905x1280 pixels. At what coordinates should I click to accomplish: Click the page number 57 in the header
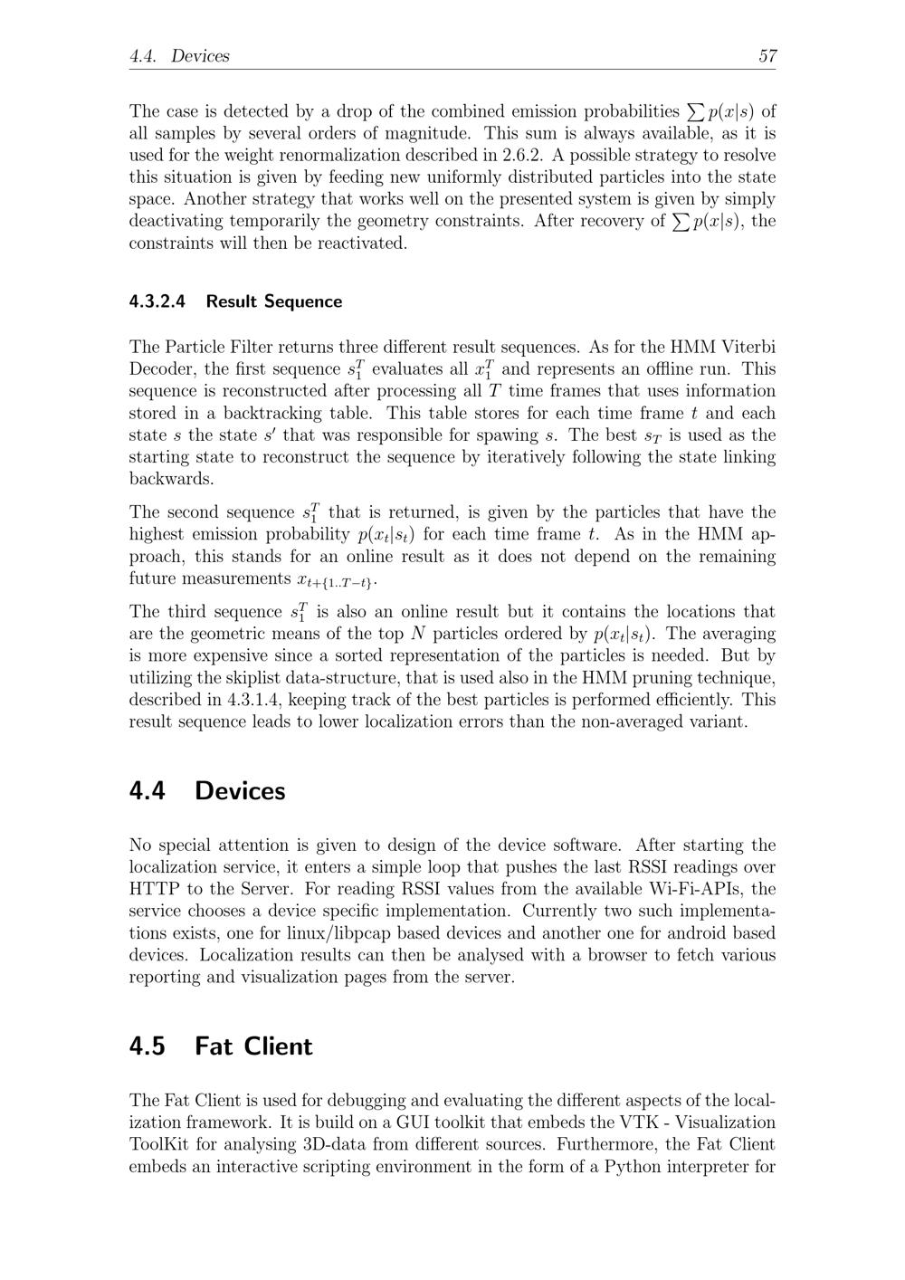[767, 56]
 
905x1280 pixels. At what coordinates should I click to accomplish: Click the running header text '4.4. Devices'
[179, 56]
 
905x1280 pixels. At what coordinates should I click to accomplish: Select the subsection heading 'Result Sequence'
[273, 301]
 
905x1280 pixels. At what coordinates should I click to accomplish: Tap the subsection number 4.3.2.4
[157, 301]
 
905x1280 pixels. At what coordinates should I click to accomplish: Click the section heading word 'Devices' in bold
[240, 791]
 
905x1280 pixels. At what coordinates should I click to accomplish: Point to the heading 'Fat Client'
[253, 1046]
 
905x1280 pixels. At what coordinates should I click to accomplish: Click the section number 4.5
[147, 1046]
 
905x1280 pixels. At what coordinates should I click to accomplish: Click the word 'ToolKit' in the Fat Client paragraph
[159, 1144]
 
